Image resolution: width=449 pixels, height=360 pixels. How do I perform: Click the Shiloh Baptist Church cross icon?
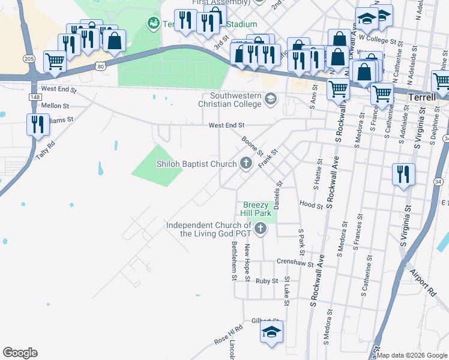click(246, 162)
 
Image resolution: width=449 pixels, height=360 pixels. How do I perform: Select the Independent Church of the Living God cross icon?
click(260, 228)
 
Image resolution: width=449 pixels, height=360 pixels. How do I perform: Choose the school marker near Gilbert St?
click(271, 331)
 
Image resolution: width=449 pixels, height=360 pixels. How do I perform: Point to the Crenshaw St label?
click(295, 263)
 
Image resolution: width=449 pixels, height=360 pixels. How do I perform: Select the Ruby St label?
click(267, 281)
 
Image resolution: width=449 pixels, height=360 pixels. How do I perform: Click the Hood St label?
click(311, 205)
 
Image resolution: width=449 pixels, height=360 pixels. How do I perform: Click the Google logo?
click(20, 353)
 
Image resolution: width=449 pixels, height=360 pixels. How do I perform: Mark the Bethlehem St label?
click(234, 260)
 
